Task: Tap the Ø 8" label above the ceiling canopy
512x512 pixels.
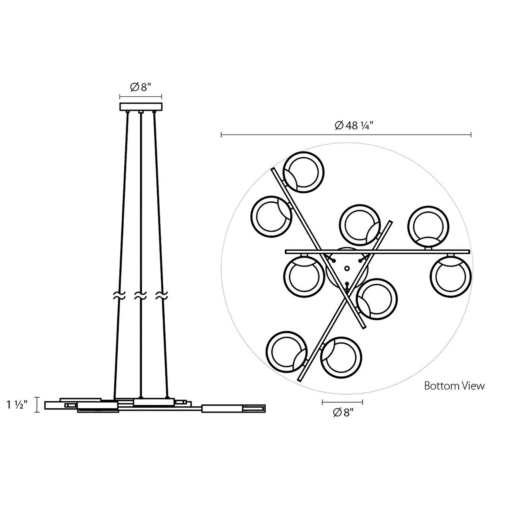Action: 140,87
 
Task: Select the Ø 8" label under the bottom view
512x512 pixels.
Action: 343,413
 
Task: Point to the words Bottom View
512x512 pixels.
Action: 454,386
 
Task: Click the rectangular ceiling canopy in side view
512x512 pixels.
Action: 141,107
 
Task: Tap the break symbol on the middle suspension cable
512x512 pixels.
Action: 141,295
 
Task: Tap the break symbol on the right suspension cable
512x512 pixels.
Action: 161,295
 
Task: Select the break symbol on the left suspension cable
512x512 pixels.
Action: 119,295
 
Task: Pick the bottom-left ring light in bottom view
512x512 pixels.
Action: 286,352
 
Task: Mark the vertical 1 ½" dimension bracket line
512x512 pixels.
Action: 37,405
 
